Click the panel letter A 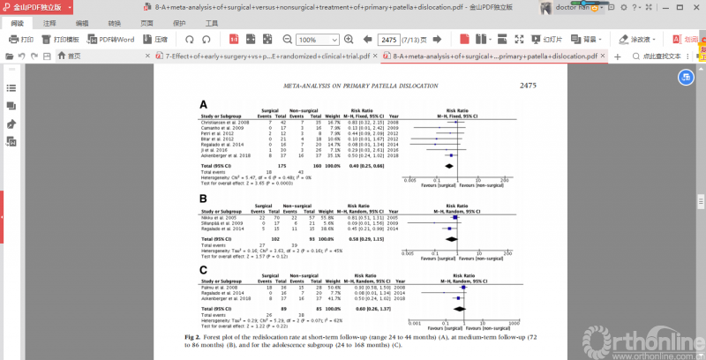[204, 103]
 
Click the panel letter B [204, 199]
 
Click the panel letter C [204, 270]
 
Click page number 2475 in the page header [528, 86]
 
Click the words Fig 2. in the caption [194, 337]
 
